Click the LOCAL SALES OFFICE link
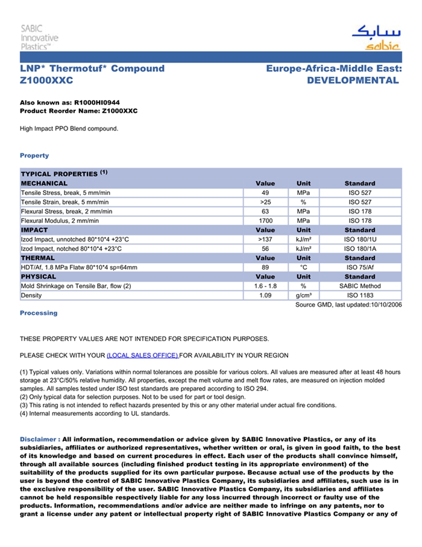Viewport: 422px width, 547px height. pos(142,355)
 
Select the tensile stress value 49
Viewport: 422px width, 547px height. pos(265,193)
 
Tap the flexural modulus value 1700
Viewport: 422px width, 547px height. pos(265,221)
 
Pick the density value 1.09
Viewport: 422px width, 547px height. pos(265,296)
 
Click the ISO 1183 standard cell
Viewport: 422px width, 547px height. pos(360,296)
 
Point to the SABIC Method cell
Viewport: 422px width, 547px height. pos(360,286)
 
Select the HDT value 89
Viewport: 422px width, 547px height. pos(265,267)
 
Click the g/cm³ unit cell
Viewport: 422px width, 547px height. pos(303,296)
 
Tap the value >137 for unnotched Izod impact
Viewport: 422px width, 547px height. pos(265,240)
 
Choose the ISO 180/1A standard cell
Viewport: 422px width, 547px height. pos(360,249)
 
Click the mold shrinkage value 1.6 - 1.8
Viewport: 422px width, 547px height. pos(265,286)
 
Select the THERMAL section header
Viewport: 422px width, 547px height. pos(38,258)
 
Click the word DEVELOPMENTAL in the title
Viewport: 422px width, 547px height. pos(353,80)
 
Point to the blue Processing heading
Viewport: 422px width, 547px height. pos(39,313)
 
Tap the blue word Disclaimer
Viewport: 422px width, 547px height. pos(39,439)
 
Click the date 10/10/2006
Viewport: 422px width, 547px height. pos(385,305)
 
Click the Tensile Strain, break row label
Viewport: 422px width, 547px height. pos(65,202)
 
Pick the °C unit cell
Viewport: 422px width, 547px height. pos(303,267)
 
